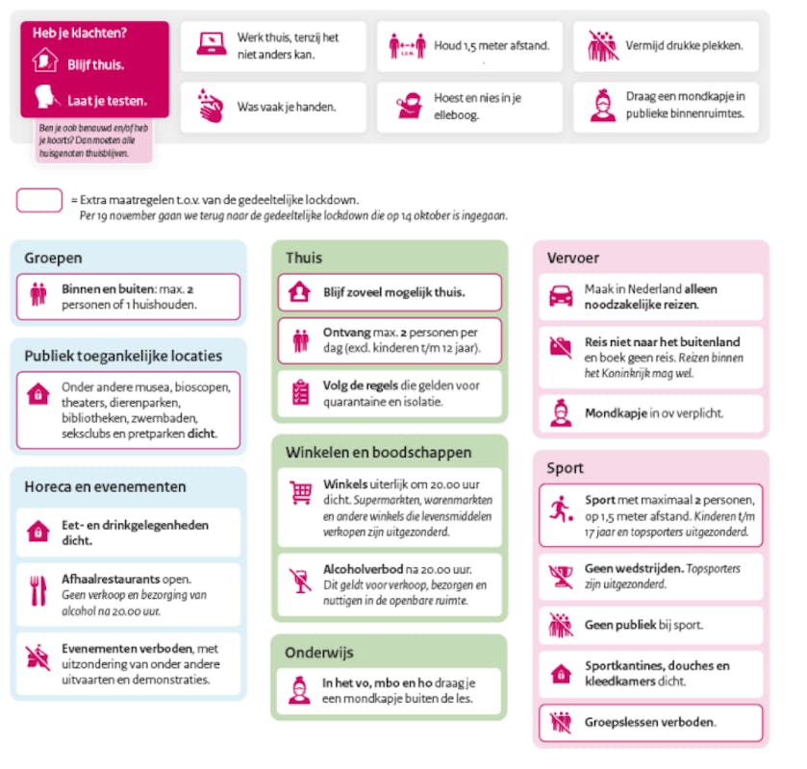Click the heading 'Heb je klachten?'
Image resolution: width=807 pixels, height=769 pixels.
pos(80,34)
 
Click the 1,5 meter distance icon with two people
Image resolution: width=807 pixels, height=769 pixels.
pos(407,45)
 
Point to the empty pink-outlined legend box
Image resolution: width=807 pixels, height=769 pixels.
pos(39,200)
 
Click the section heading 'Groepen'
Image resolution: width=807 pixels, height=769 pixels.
pos(53,258)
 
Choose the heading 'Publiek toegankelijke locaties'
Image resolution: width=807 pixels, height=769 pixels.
pos(123,356)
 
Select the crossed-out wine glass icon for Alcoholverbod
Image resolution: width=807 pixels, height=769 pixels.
pos(300,580)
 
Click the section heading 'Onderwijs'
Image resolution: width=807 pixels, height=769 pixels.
pos(318,653)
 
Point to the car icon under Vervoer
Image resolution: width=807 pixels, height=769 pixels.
pos(560,296)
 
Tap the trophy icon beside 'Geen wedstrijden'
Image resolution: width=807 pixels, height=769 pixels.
pos(560,575)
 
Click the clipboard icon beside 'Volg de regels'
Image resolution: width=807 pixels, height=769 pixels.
pos(300,392)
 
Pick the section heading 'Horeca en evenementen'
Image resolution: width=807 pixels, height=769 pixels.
pos(105,486)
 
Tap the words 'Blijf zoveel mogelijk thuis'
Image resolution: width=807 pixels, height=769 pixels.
pos(394,292)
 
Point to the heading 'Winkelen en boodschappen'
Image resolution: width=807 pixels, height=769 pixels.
pos(378,452)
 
